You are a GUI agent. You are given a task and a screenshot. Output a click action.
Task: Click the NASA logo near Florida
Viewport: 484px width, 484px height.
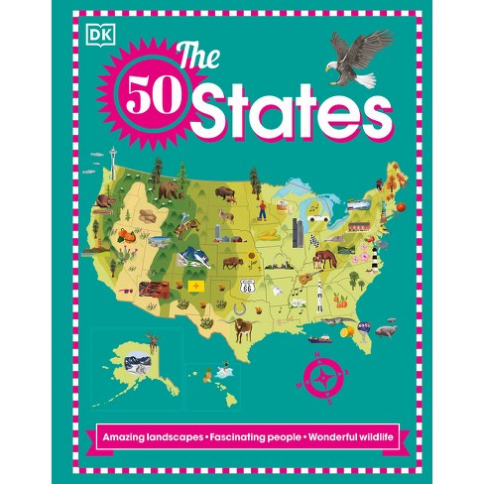coord(366,324)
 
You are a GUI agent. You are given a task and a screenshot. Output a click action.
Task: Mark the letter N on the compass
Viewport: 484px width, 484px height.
coord(321,352)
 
